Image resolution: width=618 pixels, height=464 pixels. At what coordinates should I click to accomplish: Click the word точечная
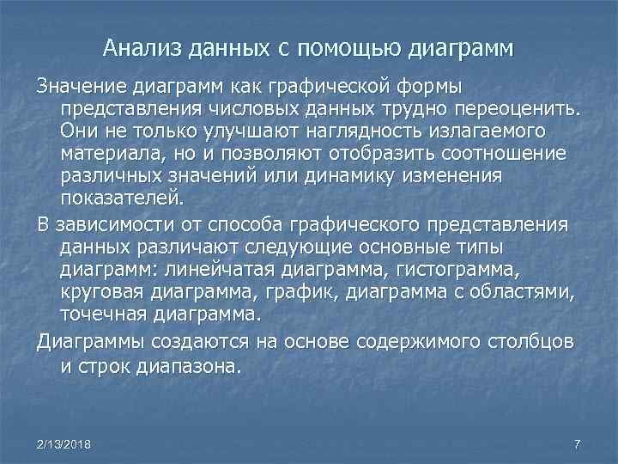coord(103,314)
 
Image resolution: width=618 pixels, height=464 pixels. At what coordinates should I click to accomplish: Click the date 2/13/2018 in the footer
coord(65,443)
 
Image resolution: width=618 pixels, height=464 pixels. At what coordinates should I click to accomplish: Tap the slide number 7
coord(577,443)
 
